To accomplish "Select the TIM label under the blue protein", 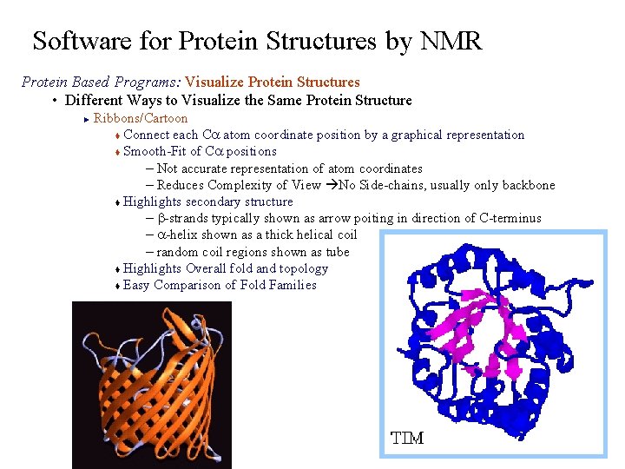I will pyautogui.click(x=407, y=439).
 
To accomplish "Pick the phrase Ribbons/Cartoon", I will pyautogui.click(x=140, y=118).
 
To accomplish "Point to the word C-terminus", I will pyautogui.click(x=510, y=218).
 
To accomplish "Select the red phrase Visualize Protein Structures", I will pyautogui.click(x=272, y=83).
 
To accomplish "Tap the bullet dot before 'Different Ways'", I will pyautogui.click(x=55, y=101).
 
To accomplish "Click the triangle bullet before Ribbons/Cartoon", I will pyautogui.click(x=87, y=119).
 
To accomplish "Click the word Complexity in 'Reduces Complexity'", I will pyautogui.click(x=245, y=185).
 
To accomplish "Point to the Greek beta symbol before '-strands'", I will pyautogui.click(x=161, y=219).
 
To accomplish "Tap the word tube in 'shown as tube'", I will pyautogui.click(x=337, y=252).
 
